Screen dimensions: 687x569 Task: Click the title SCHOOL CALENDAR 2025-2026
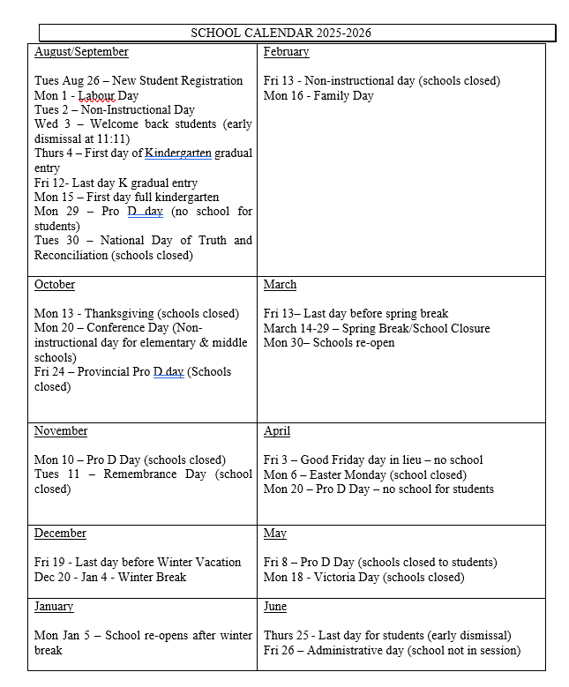(x=281, y=34)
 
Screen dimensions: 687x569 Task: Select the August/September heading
(x=81, y=52)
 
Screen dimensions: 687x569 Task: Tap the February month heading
(x=286, y=52)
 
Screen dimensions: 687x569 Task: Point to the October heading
(x=55, y=285)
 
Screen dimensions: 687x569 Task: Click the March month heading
(x=280, y=285)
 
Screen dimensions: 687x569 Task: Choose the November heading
(x=61, y=431)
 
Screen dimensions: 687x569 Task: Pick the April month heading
(x=276, y=431)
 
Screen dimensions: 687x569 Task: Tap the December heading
(x=60, y=534)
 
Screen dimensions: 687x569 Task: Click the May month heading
(x=274, y=534)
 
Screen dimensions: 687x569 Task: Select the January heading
(x=54, y=607)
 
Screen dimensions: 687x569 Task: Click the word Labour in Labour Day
(x=96, y=95)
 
